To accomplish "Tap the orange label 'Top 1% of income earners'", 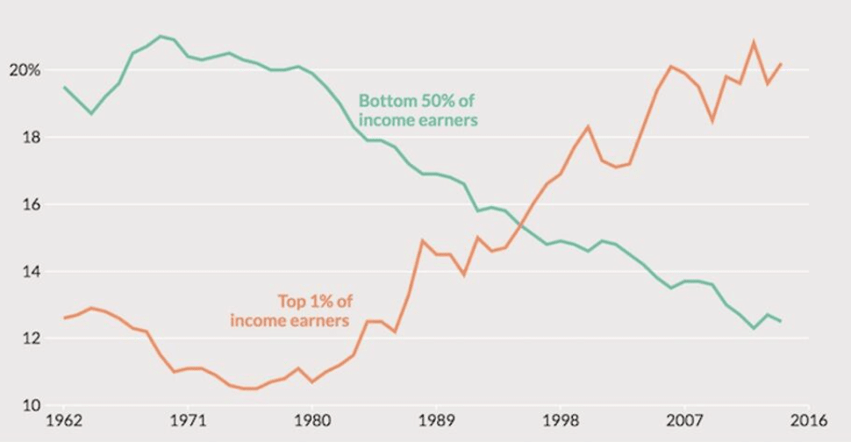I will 290,311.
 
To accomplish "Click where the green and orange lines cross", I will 522,225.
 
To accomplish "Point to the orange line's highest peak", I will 753,42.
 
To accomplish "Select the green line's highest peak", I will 160,36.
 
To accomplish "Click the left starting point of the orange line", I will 63,317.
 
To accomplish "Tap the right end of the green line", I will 781,321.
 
